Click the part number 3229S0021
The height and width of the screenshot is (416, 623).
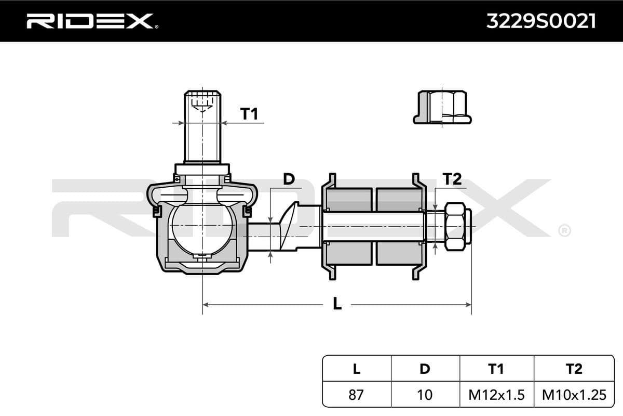[540, 21]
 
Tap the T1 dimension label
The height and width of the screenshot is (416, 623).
[249, 113]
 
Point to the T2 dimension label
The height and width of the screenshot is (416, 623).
[452, 179]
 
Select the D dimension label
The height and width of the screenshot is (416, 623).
[289, 179]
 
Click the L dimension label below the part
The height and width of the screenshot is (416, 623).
[337, 304]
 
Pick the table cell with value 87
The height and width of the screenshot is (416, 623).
[356, 395]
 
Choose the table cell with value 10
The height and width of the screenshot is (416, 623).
[425, 395]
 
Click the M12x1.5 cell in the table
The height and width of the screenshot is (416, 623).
[496, 395]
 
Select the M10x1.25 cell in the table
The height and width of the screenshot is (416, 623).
[574, 395]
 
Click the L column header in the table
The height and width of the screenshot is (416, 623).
[356, 369]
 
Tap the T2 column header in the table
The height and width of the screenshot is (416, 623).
[574, 369]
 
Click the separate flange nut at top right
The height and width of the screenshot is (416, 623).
[442, 108]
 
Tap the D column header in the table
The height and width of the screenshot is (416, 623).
[425, 369]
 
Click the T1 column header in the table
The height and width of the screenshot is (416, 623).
[496, 369]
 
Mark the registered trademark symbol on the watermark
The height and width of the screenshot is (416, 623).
[564, 230]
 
